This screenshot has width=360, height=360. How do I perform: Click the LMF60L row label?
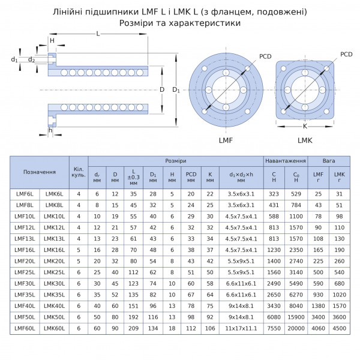(25, 329)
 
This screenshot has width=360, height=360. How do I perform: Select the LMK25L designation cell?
(54, 272)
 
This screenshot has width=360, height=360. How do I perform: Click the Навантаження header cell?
(286, 161)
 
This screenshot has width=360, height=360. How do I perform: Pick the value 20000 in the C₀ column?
(296, 329)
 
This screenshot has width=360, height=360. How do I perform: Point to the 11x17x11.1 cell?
(241, 329)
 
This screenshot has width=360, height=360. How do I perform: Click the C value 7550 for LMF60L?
(274, 329)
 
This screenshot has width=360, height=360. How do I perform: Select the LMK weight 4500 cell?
(340, 329)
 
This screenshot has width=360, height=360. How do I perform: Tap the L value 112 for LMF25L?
(133, 272)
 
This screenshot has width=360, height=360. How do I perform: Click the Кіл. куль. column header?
(79, 172)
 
